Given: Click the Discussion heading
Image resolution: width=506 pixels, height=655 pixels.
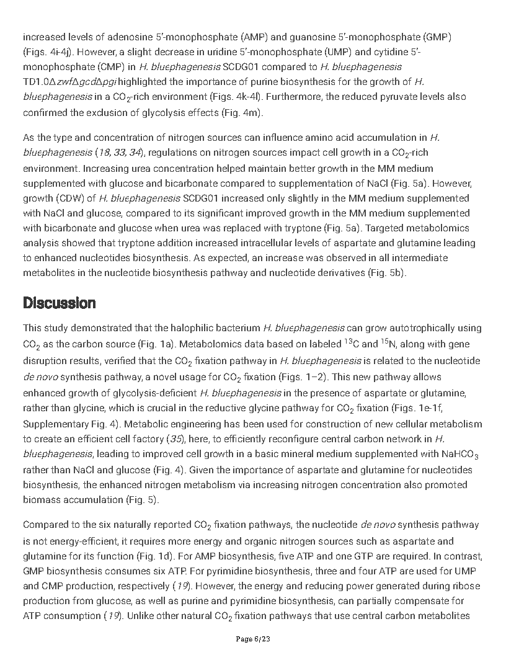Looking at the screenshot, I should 60,303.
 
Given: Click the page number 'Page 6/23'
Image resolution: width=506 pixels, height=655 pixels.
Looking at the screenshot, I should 253,639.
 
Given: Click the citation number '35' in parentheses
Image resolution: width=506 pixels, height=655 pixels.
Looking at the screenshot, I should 175,439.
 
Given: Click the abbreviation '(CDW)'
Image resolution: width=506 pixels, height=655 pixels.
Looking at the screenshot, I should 73,198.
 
